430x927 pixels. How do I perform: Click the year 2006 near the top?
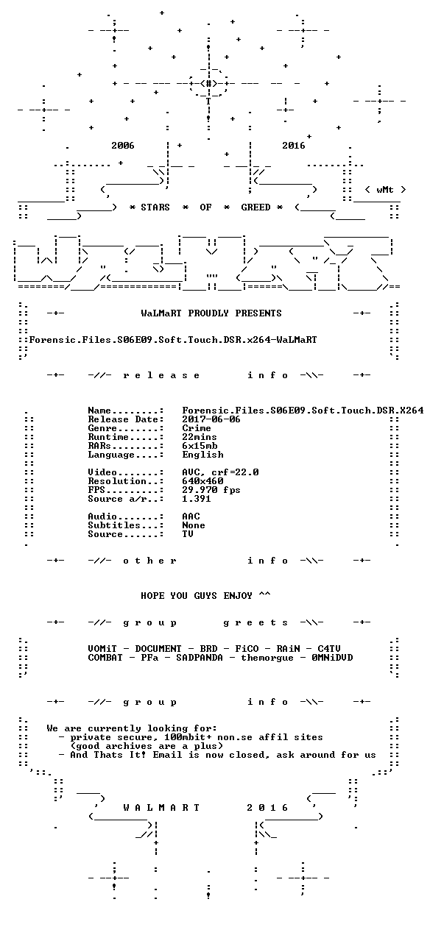tap(123, 145)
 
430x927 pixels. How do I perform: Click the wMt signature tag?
tap(385, 190)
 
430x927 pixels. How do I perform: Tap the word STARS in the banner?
tap(155, 207)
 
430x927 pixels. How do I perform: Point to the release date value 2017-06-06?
tap(211, 419)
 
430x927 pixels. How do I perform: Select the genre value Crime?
tap(197, 428)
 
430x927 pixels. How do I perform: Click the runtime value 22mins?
tap(200, 437)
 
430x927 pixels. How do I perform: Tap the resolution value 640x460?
tap(202, 481)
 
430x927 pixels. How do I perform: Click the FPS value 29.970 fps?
tap(211, 490)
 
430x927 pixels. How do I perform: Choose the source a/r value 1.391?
tap(197, 499)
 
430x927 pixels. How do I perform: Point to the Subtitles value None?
tap(194, 525)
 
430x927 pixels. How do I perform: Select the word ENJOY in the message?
tap(238, 596)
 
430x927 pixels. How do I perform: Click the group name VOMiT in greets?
tap(102, 648)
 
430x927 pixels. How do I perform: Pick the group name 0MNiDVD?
tap(332, 658)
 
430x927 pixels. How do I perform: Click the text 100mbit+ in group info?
tap(188, 737)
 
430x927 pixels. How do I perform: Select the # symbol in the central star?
tap(209, 84)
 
